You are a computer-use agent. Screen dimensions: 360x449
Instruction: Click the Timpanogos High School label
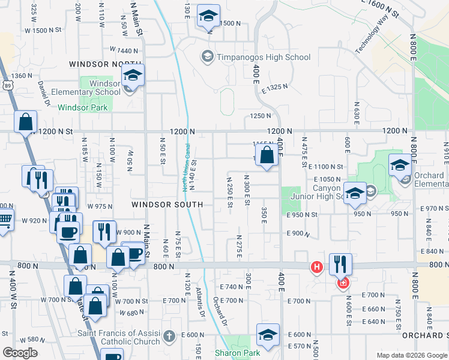tap(264, 57)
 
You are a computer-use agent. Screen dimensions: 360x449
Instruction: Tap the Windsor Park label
tap(82, 107)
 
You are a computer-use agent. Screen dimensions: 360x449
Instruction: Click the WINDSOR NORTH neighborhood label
tap(106, 64)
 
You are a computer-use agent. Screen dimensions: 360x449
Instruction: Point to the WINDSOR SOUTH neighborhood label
tap(167, 205)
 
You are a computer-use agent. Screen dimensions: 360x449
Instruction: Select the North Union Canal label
tap(186, 168)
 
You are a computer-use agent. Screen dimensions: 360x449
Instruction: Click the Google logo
tap(20, 353)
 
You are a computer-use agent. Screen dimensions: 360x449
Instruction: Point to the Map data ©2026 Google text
tap(411, 355)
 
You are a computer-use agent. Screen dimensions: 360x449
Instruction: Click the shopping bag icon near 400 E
tap(267, 156)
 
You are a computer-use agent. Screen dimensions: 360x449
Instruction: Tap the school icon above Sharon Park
tap(268, 334)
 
